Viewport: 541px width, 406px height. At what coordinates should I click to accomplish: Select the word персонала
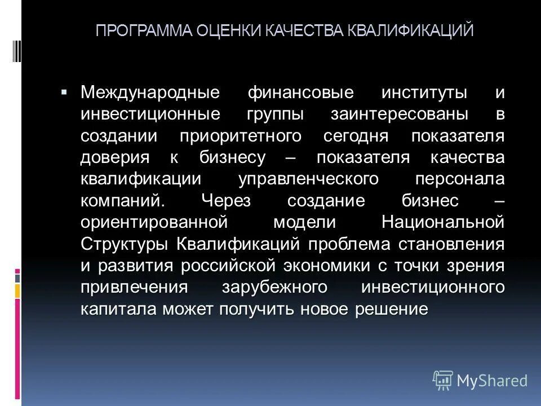click(459, 179)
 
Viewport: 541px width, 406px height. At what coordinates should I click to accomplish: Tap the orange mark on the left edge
click(17, 291)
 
